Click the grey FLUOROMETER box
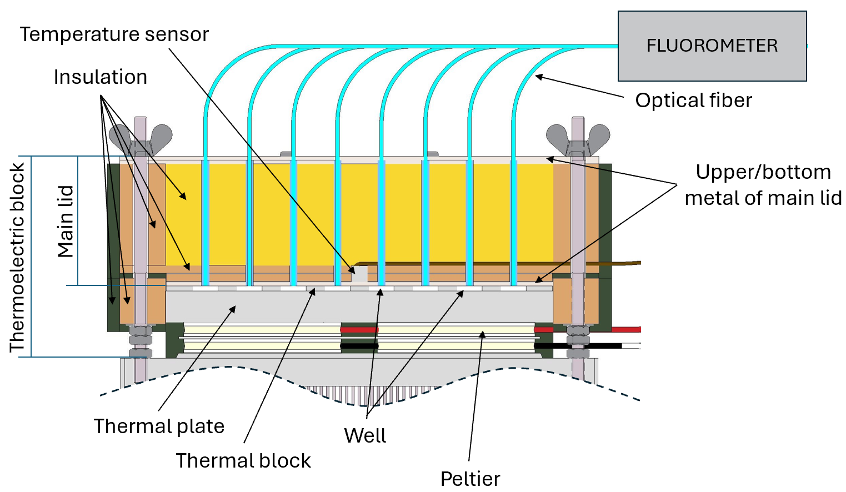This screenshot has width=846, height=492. click(712, 46)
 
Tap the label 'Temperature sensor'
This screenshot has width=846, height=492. click(114, 34)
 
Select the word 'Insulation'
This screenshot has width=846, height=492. click(101, 77)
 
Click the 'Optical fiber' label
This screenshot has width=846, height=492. click(693, 101)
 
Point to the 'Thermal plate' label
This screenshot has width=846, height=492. click(159, 426)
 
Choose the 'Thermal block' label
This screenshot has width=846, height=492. click(243, 461)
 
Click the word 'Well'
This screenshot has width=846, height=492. click(365, 435)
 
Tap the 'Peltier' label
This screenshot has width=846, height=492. click(470, 479)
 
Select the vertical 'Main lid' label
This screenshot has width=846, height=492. click(66, 221)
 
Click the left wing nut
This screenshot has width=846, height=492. click(141, 137)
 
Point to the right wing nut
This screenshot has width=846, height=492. click(578, 137)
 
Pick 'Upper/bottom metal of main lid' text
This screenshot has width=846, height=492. click(763, 185)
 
